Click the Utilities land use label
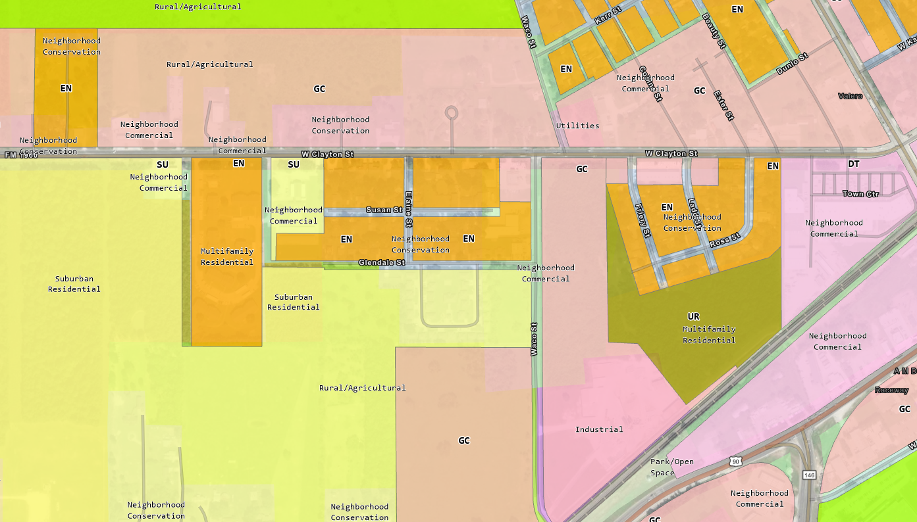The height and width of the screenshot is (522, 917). click(x=577, y=126)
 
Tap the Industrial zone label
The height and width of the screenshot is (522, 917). click(x=599, y=429)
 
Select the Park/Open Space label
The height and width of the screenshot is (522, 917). click(x=672, y=467)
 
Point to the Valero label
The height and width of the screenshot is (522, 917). click(x=850, y=96)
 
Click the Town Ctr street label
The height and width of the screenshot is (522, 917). click(x=860, y=194)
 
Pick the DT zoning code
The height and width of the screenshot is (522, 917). click(x=853, y=164)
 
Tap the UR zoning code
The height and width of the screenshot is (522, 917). click(x=693, y=316)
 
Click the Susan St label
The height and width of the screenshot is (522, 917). click(x=384, y=210)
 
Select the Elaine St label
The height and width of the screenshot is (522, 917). click(x=409, y=209)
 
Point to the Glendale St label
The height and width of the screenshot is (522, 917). click(x=381, y=262)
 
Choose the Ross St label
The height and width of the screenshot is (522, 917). click(x=725, y=241)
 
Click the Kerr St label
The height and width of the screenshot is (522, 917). click(x=608, y=16)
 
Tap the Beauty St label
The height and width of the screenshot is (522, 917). click(x=713, y=31)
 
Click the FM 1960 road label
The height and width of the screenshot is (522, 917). click(x=21, y=155)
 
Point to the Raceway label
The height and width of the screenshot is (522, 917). click(x=891, y=390)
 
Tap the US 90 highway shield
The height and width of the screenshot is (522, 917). click(x=735, y=462)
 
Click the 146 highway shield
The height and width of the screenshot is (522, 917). click(x=808, y=475)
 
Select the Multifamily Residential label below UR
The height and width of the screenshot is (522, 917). click(x=709, y=335)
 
